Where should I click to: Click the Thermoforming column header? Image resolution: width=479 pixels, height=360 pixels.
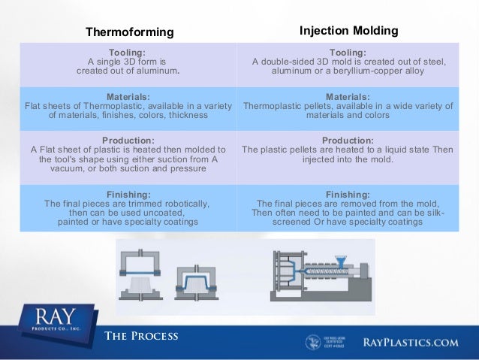point(130,32)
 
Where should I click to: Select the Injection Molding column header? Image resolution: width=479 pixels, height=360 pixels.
point(348,31)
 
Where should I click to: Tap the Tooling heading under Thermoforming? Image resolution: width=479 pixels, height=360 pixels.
point(126,51)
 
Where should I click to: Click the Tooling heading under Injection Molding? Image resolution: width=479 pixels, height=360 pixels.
point(348,51)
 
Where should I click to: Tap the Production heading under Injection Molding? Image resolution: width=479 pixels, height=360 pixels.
point(348,140)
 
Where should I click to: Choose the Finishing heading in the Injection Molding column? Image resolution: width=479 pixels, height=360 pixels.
point(348,193)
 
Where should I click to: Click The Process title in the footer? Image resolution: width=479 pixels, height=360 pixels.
point(142,336)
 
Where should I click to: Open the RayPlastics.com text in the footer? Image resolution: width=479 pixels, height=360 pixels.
point(410,343)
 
